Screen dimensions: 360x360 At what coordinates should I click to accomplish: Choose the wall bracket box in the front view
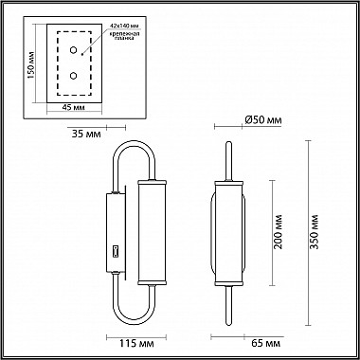coord(111,233)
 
